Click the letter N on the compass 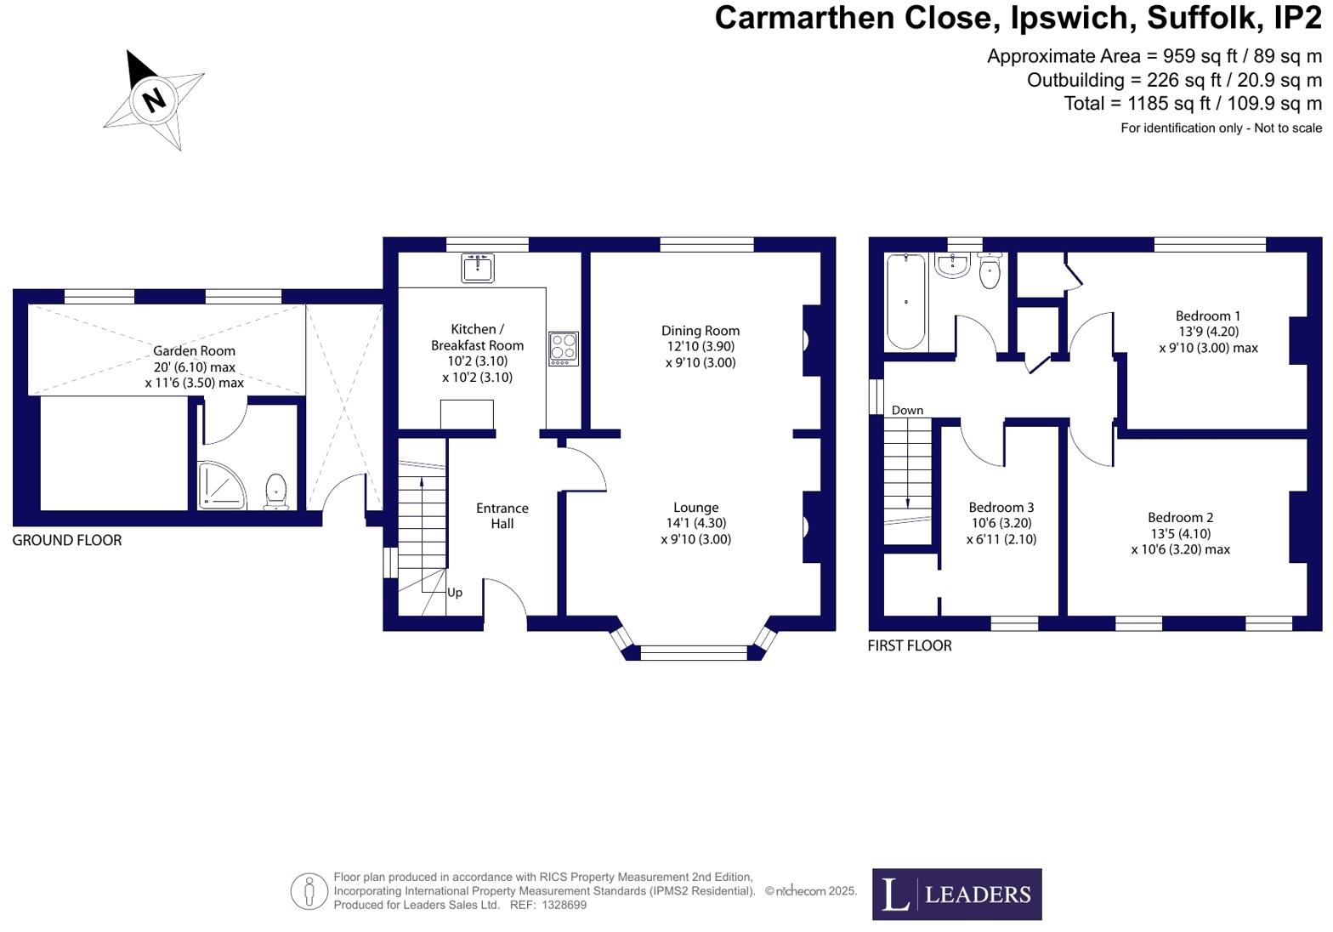[x=153, y=99]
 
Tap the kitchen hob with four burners [x=563, y=349]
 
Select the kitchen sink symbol [x=478, y=268]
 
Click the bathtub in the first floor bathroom [x=905, y=302]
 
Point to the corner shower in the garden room [x=219, y=487]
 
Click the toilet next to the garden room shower [x=276, y=492]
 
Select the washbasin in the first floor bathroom [x=952, y=266]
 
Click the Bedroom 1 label [x=1208, y=315]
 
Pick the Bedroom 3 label [x=1001, y=508]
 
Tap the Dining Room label [x=701, y=331]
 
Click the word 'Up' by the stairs [x=455, y=593]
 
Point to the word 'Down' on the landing [x=907, y=410]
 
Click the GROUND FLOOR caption [x=67, y=540]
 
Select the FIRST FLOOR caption [x=910, y=645]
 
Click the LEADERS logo [x=956, y=894]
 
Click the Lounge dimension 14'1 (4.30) [x=695, y=523]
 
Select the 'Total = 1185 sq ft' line [x=1193, y=103]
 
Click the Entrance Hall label [x=502, y=515]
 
